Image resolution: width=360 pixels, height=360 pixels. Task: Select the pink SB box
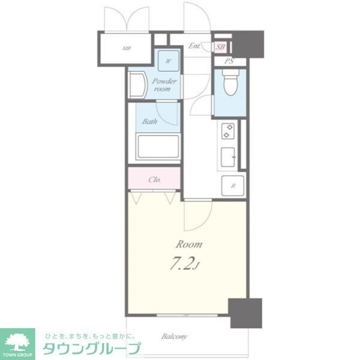pyautogui.click(x=220, y=47)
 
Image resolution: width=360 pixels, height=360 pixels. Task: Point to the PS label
pyautogui.click(x=229, y=61)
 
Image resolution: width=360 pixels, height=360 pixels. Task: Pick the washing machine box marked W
pyautogui.click(x=169, y=61)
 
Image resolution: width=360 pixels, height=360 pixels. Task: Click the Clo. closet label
pyautogui.click(x=154, y=179)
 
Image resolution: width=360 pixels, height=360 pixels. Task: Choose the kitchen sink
pyautogui.click(x=229, y=158)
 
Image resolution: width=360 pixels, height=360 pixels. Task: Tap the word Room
pyautogui.click(x=188, y=245)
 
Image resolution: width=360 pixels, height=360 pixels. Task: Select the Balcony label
pyautogui.click(x=175, y=337)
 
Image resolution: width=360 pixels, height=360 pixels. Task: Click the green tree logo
pyautogui.click(x=19, y=340)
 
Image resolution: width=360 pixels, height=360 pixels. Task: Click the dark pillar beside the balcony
pyautogui.click(x=247, y=313)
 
